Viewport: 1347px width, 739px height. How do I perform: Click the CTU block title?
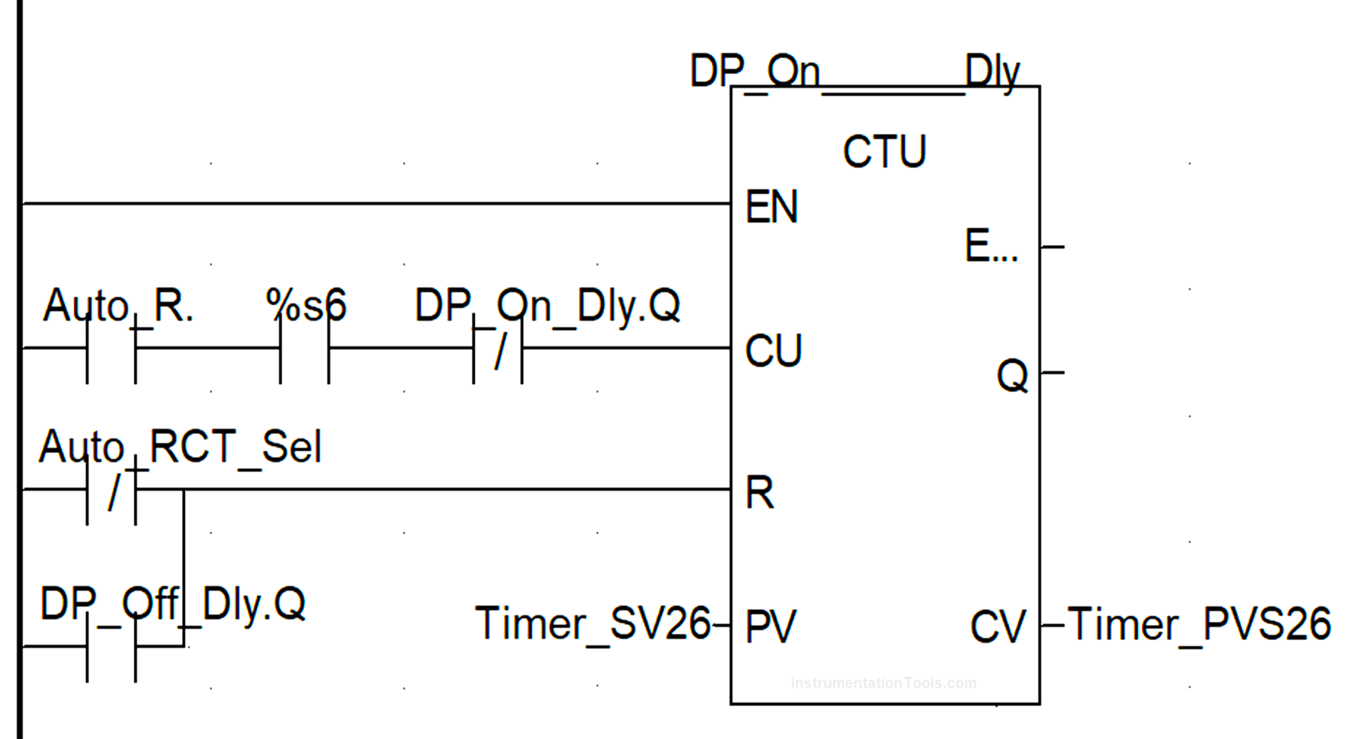(884, 151)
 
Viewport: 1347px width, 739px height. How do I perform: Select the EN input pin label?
(771, 207)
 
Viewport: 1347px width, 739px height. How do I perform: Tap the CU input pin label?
(773, 351)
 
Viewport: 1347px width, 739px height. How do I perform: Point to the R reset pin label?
(759, 493)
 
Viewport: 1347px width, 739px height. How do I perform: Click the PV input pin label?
(770, 626)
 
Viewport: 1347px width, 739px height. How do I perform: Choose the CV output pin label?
(997, 626)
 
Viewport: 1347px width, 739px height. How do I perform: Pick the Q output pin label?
(1011, 375)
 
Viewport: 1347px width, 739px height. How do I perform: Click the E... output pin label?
(991, 246)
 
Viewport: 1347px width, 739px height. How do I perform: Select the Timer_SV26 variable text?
(592, 624)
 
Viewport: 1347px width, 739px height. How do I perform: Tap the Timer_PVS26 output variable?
(1199, 624)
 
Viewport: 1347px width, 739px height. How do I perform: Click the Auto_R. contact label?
(118, 305)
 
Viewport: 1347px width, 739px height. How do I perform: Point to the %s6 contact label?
(306, 305)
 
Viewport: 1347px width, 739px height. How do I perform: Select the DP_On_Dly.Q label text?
(547, 305)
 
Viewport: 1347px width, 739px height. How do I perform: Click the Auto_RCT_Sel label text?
(180, 447)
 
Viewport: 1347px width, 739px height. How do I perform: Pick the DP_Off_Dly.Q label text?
(172, 603)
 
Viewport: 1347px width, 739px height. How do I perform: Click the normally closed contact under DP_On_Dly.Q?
(498, 350)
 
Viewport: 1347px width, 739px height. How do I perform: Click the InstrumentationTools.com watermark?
(883, 683)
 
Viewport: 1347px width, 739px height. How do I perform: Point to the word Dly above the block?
(992, 72)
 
